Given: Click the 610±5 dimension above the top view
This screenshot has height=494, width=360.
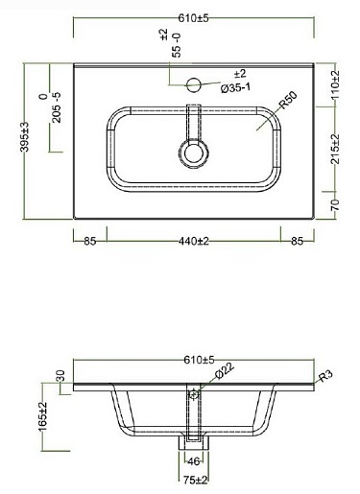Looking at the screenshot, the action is point(193,18).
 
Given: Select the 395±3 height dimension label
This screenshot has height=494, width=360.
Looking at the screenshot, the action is point(25,137).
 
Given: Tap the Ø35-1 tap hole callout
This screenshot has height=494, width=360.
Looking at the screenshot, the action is point(235,87).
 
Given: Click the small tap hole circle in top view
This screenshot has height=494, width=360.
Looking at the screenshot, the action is point(193,84).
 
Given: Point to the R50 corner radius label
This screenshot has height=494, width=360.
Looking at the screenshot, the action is point(288,100).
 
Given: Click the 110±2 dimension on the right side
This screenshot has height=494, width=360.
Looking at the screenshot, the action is point(335,84).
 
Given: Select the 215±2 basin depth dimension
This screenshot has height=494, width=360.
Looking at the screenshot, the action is point(335,149).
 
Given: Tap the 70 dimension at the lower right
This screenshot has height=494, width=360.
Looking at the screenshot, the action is point(334,204).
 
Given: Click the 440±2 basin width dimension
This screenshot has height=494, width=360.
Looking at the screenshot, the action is point(194,241).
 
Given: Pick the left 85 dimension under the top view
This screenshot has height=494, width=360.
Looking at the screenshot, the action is point(90,241).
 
